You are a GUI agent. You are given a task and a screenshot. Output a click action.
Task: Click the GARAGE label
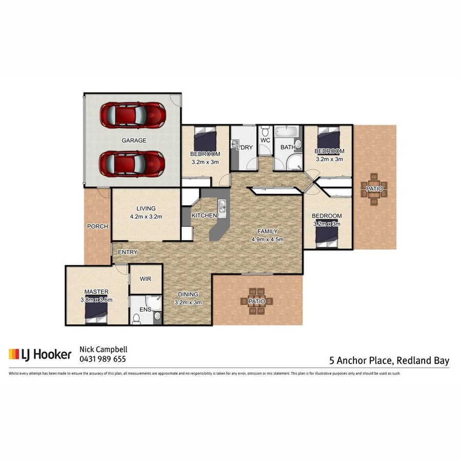click(134, 140)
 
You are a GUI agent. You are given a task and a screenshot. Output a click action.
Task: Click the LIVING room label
click(146, 208)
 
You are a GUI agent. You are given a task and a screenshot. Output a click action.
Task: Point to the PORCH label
click(97, 226)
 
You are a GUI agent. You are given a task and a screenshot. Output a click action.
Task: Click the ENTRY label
click(127, 253)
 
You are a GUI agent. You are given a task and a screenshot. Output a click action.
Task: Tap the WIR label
click(145, 279)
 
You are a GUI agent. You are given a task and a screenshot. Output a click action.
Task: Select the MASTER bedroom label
click(96, 292)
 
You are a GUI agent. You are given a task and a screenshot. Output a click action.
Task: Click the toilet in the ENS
click(137, 318)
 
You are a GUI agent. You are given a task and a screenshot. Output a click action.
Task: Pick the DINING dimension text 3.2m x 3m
click(188, 302)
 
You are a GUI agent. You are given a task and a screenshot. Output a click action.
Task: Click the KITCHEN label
click(204, 216)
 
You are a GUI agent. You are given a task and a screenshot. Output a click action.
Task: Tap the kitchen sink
click(223, 206)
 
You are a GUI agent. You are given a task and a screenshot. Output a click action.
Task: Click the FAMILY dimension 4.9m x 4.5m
click(267, 239)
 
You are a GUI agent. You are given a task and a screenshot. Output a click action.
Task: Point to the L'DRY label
click(244, 148)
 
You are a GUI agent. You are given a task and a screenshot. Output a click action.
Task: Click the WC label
click(265, 140)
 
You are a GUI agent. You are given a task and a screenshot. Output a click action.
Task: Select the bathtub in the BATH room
click(288, 132)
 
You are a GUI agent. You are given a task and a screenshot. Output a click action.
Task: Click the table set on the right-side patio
click(374, 189)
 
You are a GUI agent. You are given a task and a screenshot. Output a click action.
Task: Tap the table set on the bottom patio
click(257, 302)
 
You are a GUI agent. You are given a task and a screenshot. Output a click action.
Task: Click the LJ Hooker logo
click(39, 354)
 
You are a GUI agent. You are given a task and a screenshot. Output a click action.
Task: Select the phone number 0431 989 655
click(102, 359)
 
